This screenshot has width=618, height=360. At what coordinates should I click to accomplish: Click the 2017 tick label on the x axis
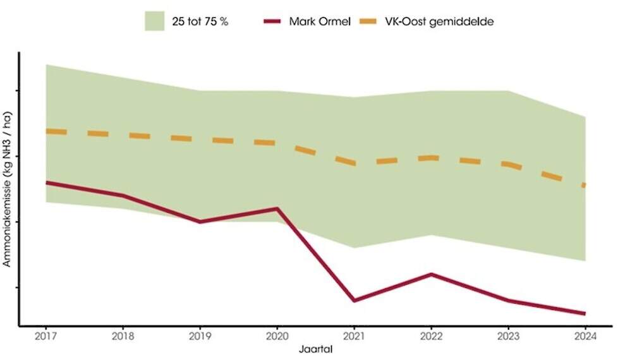[x=45, y=336]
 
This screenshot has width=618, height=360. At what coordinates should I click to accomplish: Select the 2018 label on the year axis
[x=123, y=336]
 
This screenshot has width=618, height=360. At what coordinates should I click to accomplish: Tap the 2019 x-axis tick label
[x=200, y=336]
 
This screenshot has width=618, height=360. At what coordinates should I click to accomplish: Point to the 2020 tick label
[x=277, y=336]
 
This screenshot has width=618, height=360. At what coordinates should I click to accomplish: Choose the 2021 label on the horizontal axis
[x=354, y=336]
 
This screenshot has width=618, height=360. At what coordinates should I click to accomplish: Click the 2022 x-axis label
[x=431, y=336]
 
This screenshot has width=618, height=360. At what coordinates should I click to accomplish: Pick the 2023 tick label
[x=508, y=336]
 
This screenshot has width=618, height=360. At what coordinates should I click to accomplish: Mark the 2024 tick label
[x=585, y=336]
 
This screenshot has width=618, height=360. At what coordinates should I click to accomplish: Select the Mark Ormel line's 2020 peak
[x=277, y=208]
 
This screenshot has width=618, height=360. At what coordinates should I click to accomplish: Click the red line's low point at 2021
[x=354, y=300]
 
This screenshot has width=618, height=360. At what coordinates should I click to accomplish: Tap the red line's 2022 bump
[x=431, y=274]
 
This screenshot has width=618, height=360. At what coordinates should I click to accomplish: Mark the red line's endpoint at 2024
[x=585, y=313]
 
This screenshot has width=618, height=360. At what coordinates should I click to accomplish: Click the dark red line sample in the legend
[x=274, y=21]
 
